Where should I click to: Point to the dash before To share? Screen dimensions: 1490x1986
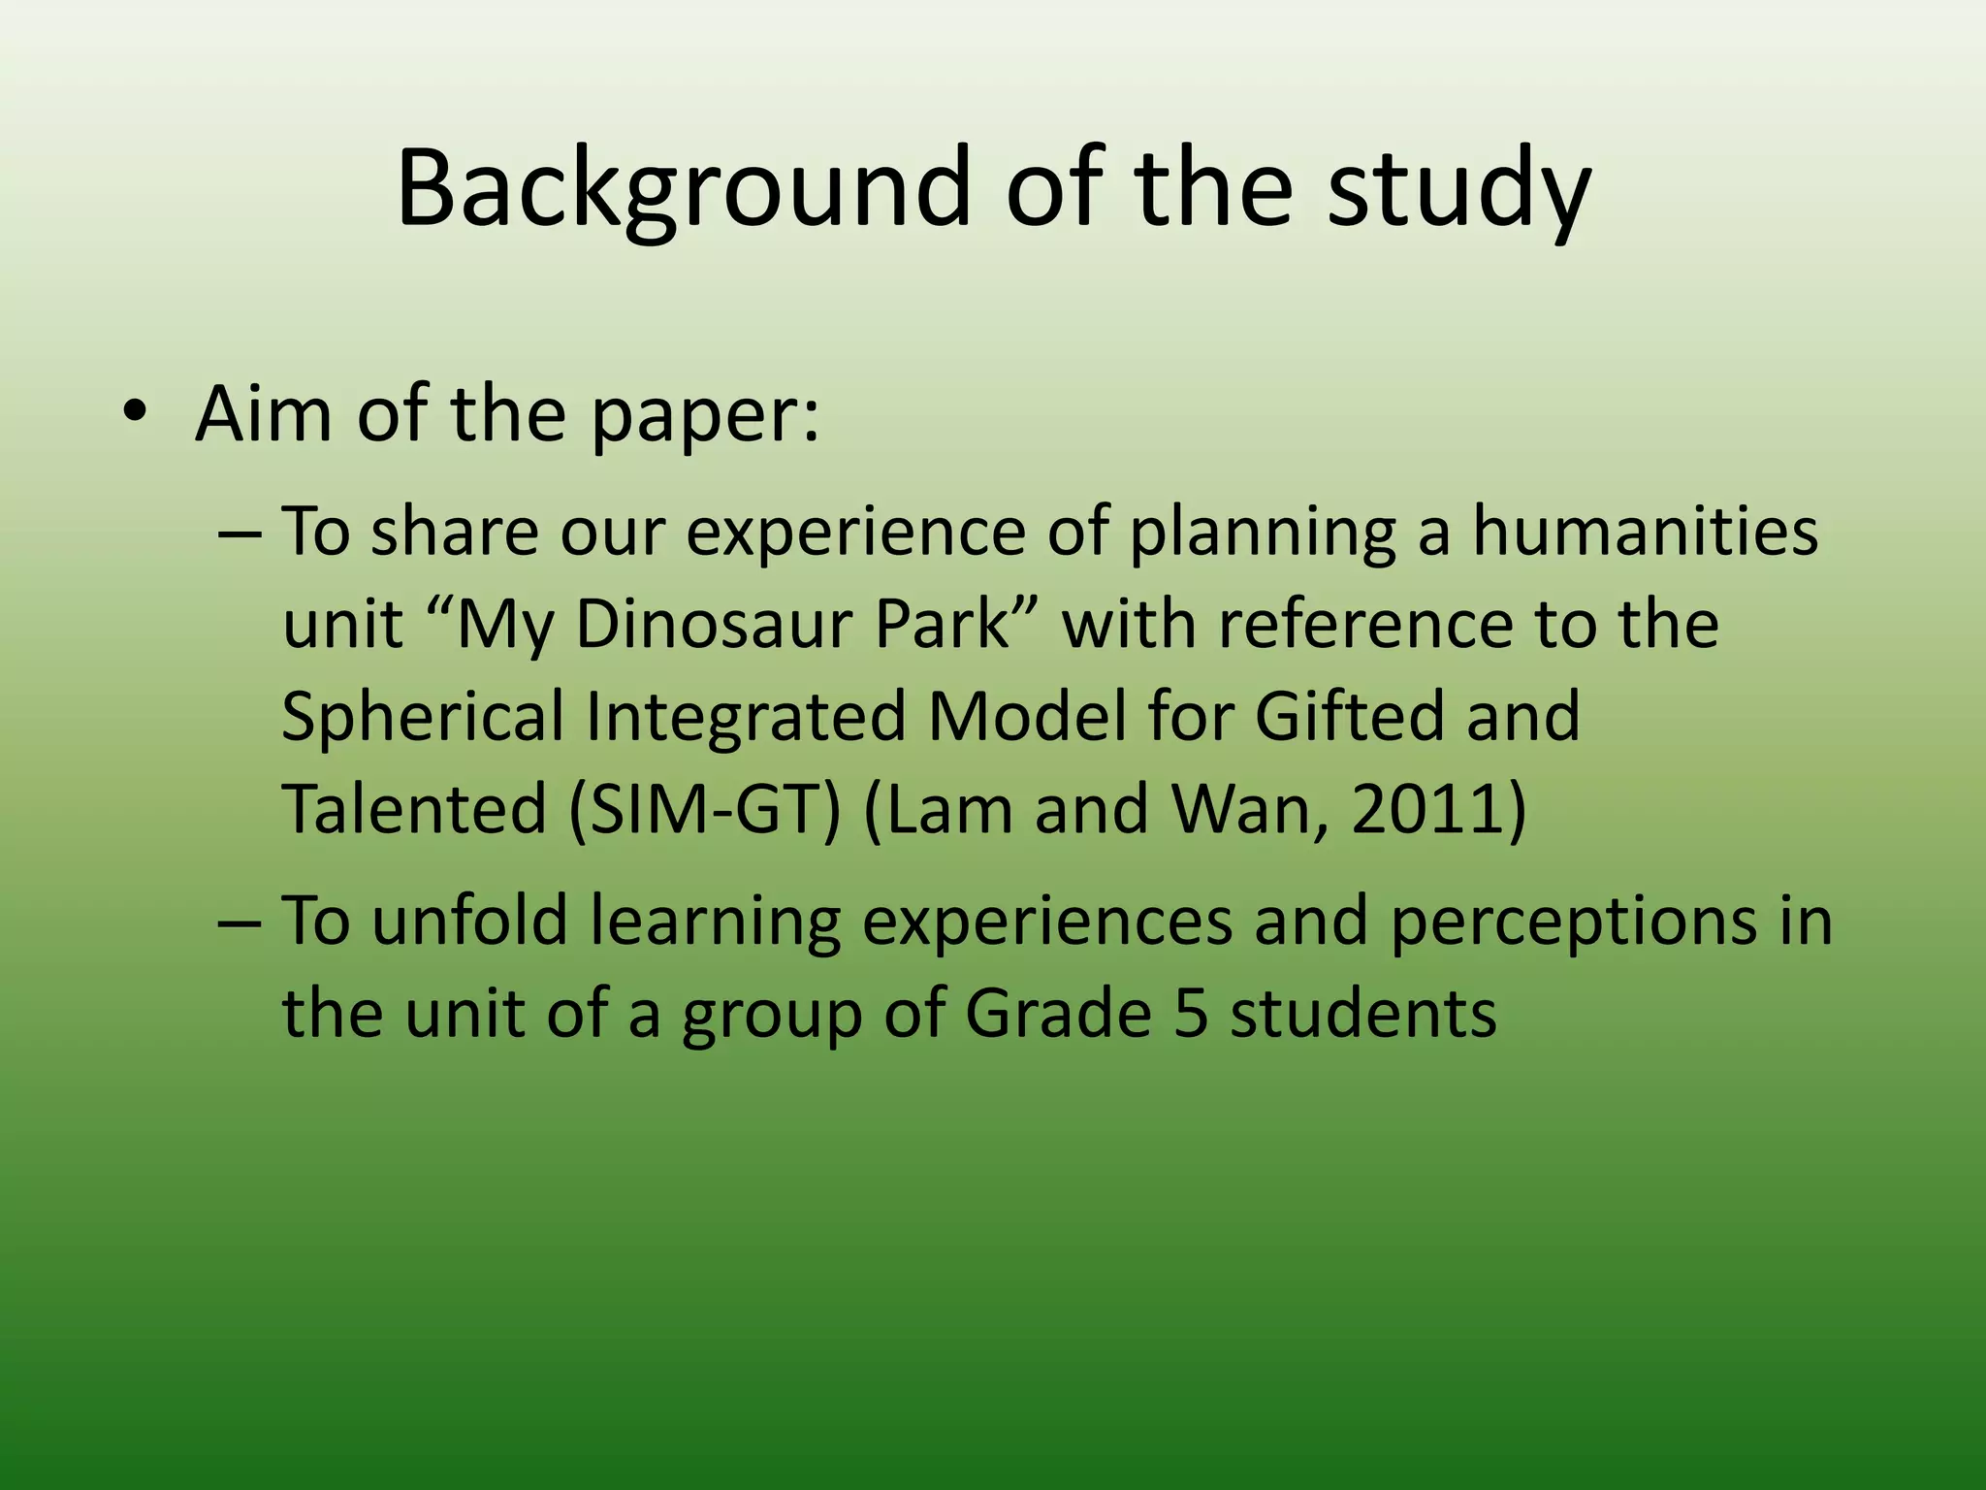point(239,534)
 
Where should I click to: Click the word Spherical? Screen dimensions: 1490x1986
point(423,717)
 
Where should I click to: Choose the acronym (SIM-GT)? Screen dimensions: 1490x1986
point(704,809)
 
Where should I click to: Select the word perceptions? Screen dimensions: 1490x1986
point(1572,922)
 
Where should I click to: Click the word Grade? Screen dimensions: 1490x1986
point(1058,1015)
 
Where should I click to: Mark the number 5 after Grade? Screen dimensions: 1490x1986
point(1191,1015)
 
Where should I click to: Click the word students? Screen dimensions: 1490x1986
point(1363,1015)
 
